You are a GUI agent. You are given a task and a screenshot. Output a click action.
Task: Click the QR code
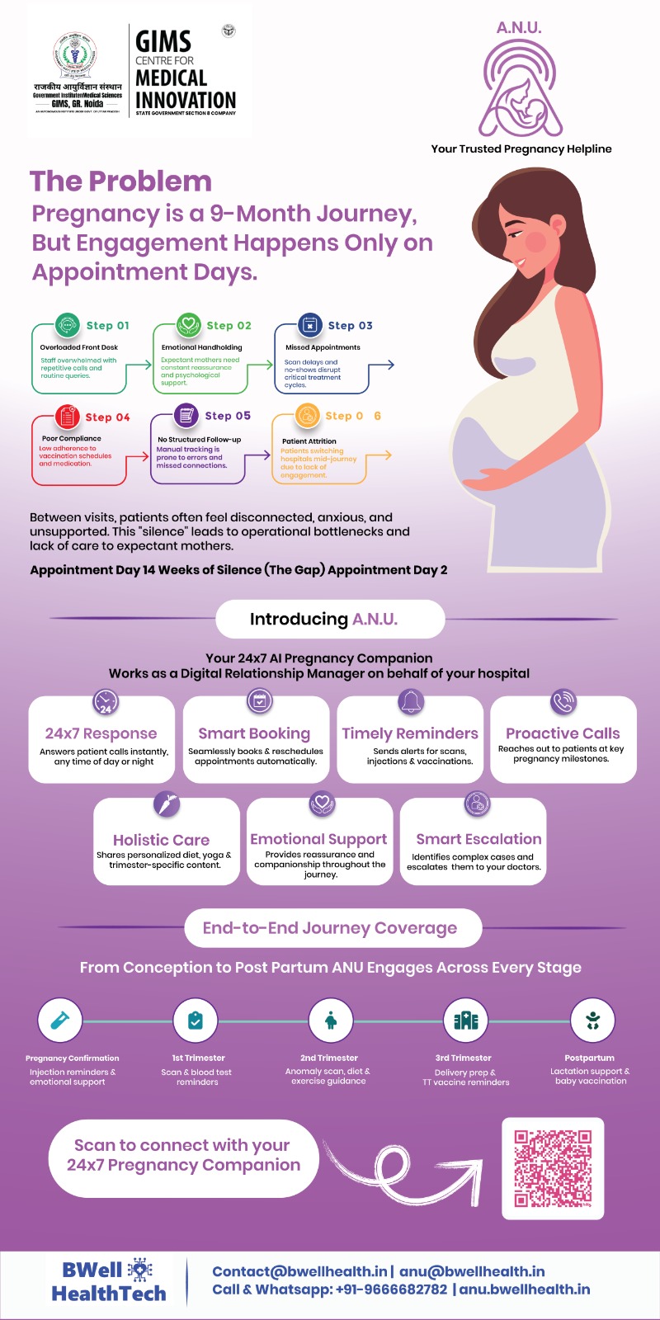click(x=553, y=1168)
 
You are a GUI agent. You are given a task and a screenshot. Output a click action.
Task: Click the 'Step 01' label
click(x=107, y=326)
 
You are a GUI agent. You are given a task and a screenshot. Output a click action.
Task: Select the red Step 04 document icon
click(x=67, y=417)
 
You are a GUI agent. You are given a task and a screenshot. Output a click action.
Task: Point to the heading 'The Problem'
click(x=120, y=181)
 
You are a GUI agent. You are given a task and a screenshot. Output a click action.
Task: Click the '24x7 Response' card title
click(x=101, y=733)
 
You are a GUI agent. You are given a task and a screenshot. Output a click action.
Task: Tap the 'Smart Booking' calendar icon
click(x=260, y=702)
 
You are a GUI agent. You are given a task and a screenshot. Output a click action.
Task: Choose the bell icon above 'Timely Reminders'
click(x=411, y=702)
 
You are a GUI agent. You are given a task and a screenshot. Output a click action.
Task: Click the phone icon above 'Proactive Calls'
click(x=563, y=702)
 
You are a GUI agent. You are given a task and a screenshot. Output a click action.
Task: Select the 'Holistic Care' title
click(x=161, y=840)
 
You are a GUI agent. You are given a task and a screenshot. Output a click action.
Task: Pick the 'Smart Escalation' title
click(x=478, y=839)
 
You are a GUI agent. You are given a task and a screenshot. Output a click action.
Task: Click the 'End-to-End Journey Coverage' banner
click(x=330, y=928)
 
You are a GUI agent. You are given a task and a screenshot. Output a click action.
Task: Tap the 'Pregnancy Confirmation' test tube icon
click(x=59, y=1021)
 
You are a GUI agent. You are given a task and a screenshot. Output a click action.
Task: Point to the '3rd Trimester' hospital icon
click(x=466, y=1021)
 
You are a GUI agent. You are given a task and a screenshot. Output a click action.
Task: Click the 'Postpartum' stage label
click(x=589, y=1058)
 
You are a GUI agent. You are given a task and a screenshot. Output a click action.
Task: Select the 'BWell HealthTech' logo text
click(x=108, y=1282)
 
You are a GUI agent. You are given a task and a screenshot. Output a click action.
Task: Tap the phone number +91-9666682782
click(x=391, y=1289)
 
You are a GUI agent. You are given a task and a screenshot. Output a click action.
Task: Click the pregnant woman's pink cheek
click(x=536, y=241)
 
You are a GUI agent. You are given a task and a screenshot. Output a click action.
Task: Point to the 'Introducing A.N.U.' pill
click(x=330, y=619)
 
